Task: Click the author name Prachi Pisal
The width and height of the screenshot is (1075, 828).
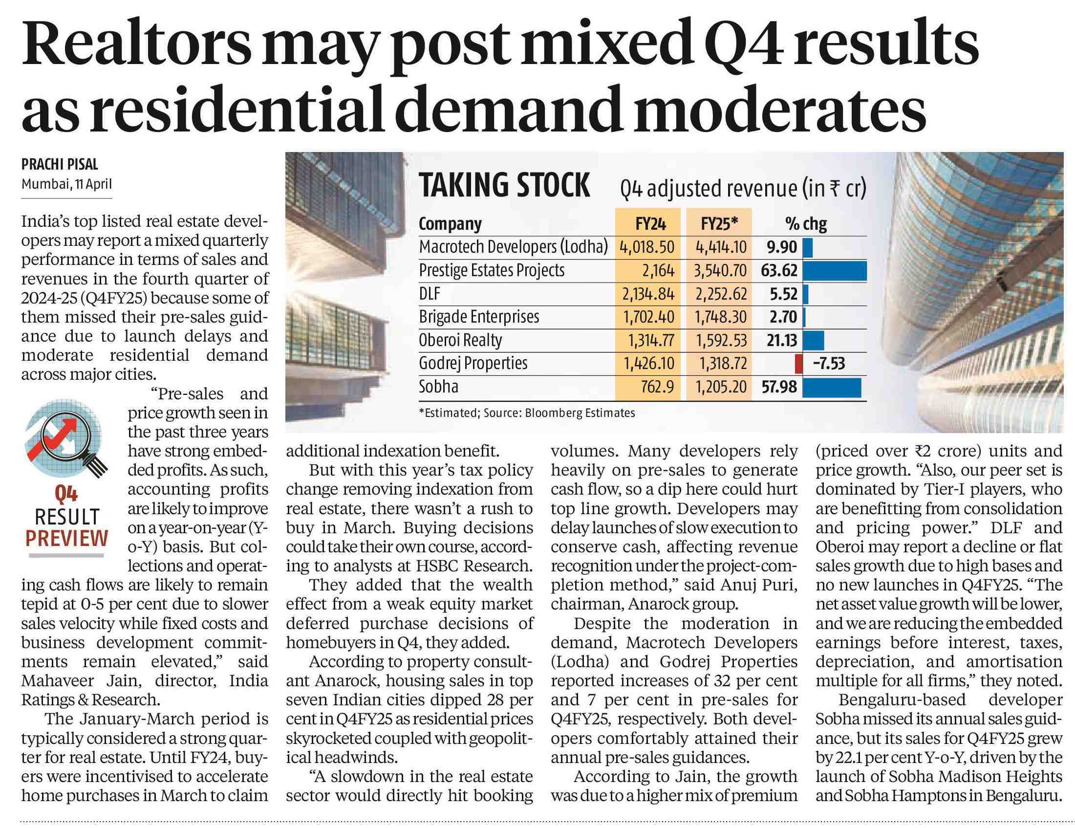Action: pyautogui.click(x=60, y=165)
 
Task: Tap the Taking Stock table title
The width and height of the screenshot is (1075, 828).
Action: pyautogui.click(x=504, y=186)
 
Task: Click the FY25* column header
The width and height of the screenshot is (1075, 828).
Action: pyautogui.click(x=720, y=224)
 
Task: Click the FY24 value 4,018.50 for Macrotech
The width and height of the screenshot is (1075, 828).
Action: pyautogui.click(x=647, y=247)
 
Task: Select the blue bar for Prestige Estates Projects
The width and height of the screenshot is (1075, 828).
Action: pyautogui.click(x=834, y=271)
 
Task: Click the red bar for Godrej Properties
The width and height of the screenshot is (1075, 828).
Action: pyautogui.click(x=799, y=364)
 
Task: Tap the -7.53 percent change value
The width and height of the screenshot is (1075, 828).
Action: pyautogui.click(x=829, y=364)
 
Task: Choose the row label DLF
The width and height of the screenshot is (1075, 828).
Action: pyautogui.click(x=429, y=293)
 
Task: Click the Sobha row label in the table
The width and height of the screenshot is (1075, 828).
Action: pyautogui.click(x=438, y=387)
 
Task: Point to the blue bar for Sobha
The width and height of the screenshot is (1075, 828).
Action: pyautogui.click(x=832, y=387)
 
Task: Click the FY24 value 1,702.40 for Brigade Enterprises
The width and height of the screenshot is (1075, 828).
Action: pyautogui.click(x=648, y=317)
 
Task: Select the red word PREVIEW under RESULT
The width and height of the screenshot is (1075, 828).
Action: pyautogui.click(x=66, y=539)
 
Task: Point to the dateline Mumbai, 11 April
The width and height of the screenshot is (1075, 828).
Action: pyautogui.click(x=66, y=184)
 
